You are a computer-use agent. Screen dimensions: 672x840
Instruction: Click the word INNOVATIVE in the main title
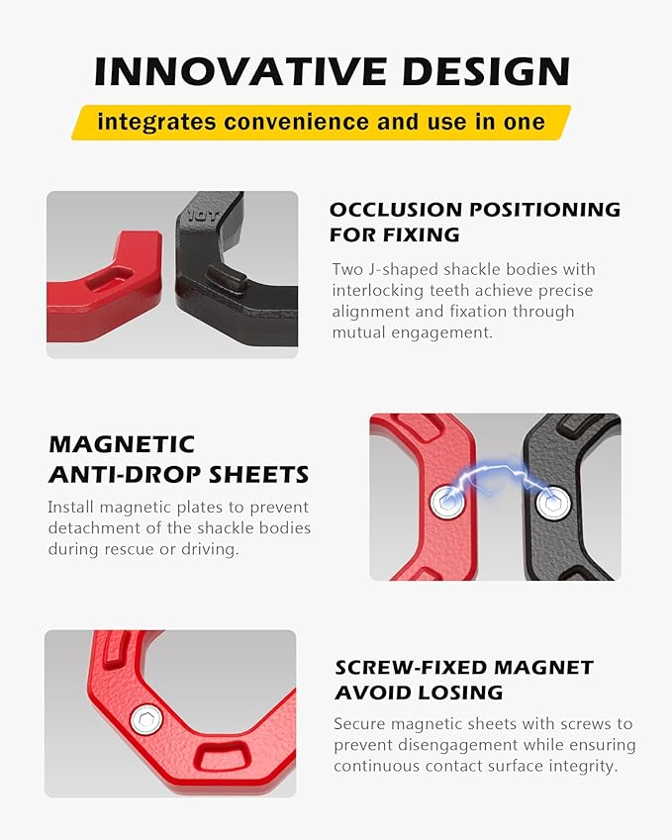[x=240, y=71]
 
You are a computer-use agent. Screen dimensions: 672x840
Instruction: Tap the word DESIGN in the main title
[x=487, y=71]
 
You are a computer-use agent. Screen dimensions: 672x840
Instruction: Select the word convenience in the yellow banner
[x=298, y=122]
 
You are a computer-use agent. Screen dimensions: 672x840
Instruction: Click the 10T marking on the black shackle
[x=204, y=216]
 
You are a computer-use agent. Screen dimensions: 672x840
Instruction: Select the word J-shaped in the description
[x=397, y=269]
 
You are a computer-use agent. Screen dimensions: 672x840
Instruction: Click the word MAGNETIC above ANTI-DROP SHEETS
[x=122, y=444]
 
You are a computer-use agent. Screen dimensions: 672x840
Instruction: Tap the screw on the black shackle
[x=553, y=505]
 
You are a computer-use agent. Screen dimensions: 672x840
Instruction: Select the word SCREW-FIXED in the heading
[x=411, y=668]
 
